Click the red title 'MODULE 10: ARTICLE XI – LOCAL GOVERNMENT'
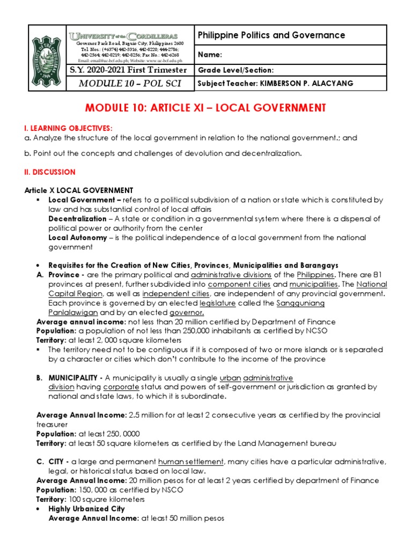point(205,108)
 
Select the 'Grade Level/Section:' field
point(236,70)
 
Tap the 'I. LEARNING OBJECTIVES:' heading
point(69,128)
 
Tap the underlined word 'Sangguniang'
point(300,303)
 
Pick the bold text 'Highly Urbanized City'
point(86,508)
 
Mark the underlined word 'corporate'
point(121,387)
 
